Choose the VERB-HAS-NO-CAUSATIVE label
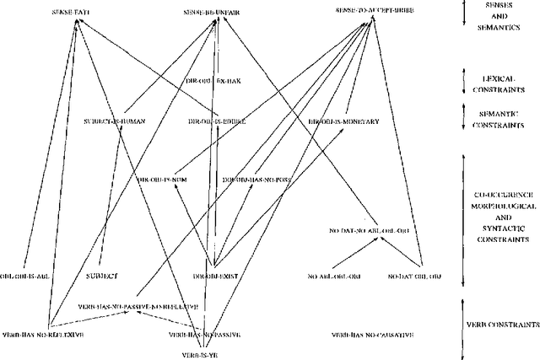(x=373, y=335)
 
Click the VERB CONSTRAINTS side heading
(x=503, y=324)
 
